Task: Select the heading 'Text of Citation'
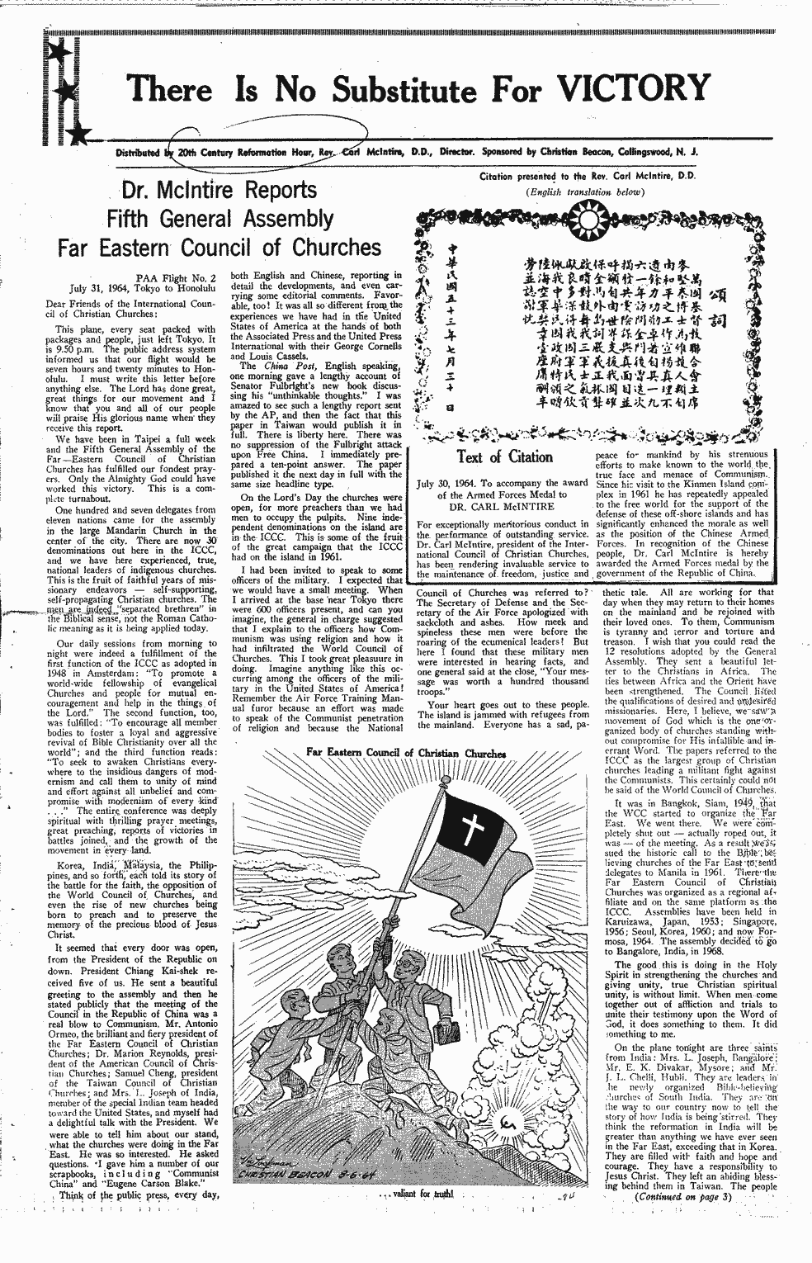click(x=504, y=456)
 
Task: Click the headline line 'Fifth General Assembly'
click(x=220, y=219)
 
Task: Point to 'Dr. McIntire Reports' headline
click(x=218, y=191)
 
